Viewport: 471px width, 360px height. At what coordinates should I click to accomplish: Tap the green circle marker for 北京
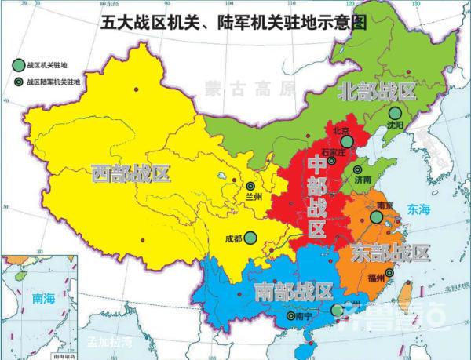pos(347,143)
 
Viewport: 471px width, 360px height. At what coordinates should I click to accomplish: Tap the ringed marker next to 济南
pos(357,169)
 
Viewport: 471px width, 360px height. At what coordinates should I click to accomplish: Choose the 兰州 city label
pos(253,196)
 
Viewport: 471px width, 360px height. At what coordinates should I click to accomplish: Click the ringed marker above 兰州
pos(250,186)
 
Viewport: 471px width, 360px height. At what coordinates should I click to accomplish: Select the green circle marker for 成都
pos(250,237)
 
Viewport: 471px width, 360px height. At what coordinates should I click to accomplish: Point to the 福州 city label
pos(378,278)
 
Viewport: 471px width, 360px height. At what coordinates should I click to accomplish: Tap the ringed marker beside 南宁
pos(291,316)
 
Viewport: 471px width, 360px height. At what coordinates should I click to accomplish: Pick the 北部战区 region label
pos(375,91)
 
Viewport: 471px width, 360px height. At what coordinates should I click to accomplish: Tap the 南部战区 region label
pos(293,291)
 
